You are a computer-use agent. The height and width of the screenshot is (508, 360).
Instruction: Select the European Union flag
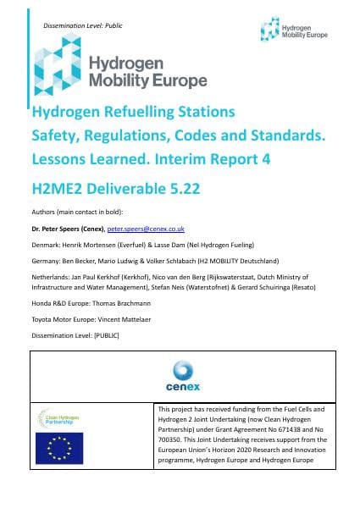click(58, 448)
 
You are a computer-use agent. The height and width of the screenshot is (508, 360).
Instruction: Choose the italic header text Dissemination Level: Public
click(78, 26)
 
